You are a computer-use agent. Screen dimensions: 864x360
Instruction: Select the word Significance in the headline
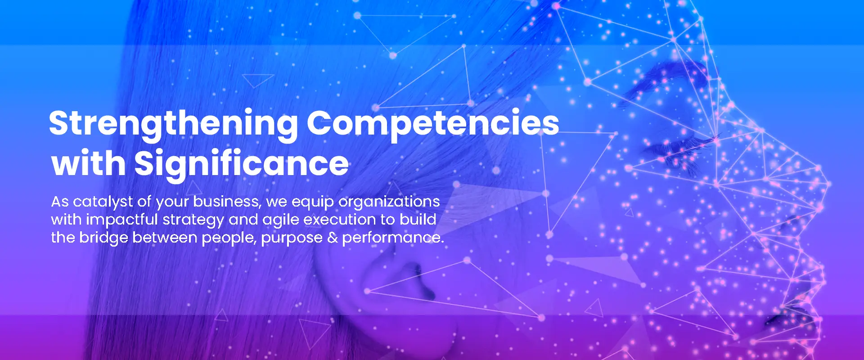(242, 163)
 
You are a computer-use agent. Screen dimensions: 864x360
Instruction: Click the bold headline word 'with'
(89, 163)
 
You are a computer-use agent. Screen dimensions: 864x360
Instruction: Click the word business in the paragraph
(227, 202)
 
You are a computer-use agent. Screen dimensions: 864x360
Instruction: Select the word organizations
(389, 202)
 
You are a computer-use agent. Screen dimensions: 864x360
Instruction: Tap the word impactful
(122, 220)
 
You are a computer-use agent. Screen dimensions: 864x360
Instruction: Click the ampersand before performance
(333, 238)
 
